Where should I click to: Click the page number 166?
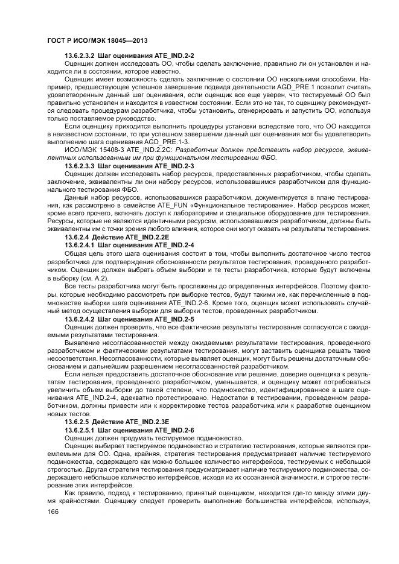click(x=52, y=512)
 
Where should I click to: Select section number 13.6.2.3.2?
click(x=80, y=55)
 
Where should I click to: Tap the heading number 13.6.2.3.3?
click(x=80, y=165)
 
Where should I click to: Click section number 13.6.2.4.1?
click(x=80, y=245)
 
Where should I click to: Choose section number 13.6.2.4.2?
click(x=80, y=318)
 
